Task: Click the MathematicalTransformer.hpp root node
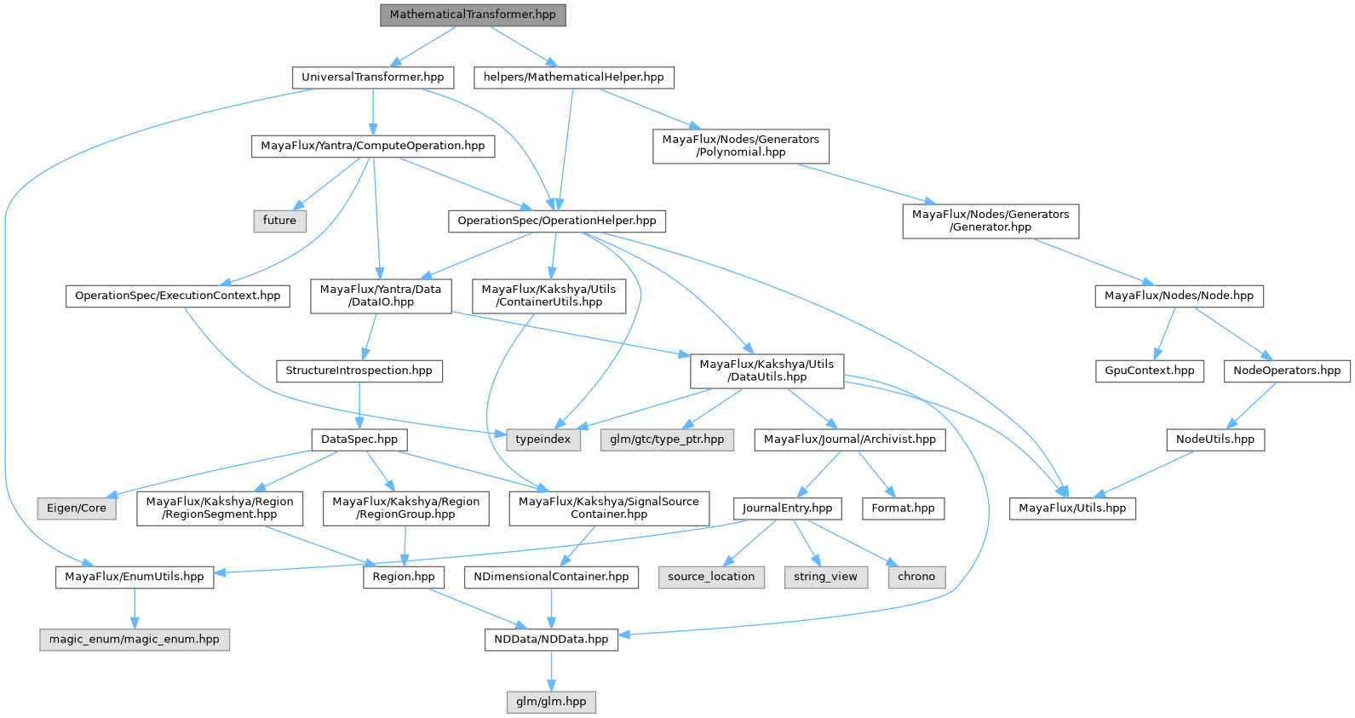click(x=473, y=14)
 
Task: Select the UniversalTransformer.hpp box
click(x=372, y=77)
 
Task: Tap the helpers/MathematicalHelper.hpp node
click(x=573, y=77)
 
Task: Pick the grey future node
click(x=279, y=220)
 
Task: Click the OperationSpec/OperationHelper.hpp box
click(x=556, y=221)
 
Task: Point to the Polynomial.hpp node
click(x=740, y=146)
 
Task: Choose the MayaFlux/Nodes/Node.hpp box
click(x=1179, y=296)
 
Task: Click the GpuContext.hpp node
click(x=1149, y=370)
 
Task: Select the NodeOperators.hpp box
click(x=1286, y=370)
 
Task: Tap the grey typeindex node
click(x=543, y=439)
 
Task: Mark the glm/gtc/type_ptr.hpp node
click(x=667, y=439)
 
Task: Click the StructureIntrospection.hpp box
click(x=359, y=370)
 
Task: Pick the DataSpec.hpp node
click(x=359, y=439)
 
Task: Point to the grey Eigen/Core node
click(x=77, y=508)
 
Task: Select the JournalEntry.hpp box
click(x=787, y=508)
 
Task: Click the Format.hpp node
click(x=903, y=508)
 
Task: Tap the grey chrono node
click(x=916, y=577)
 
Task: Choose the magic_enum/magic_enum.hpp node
click(x=135, y=639)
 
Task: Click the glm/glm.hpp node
click(x=551, y=702)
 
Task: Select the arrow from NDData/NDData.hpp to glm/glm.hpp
click(x=551, y=670)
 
